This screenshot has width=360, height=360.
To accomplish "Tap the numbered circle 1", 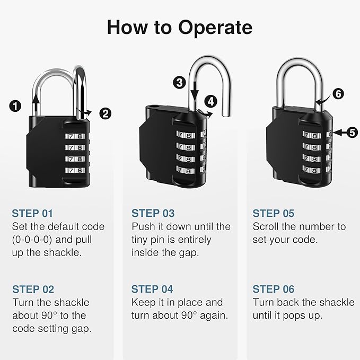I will click(x=16, y=106).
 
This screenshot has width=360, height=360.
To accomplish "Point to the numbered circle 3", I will click(x=179, y=82).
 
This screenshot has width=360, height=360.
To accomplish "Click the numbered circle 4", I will click(x=212, y=100).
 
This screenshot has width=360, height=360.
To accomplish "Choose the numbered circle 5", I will click(x=353, y=133).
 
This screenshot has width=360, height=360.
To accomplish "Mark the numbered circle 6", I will click(x=338, y=94).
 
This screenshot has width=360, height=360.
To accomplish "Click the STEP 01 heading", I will click(x=33, y=214).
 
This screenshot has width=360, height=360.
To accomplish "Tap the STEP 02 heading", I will click(x=33, y=289).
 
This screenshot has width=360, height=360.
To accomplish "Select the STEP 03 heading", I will click(x=153, y=214).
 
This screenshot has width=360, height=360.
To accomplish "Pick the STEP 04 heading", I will click(x=153, y=289).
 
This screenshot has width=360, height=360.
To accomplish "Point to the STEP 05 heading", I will click(x=273, y=214).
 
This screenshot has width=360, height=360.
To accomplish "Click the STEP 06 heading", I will click(x=273, y=289).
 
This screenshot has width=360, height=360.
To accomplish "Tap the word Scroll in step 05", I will click(x=266, y=227).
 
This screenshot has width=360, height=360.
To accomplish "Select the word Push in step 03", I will click(x=143, y=227).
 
